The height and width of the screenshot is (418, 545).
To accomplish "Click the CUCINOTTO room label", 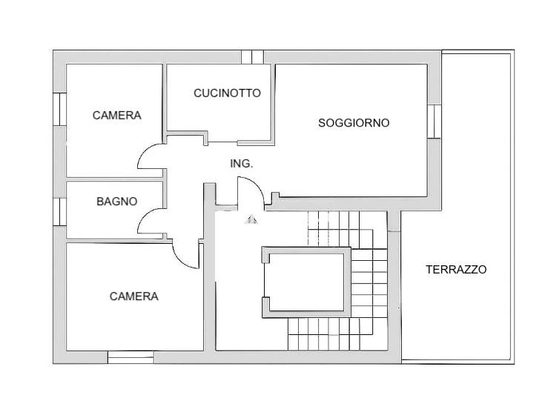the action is point(227,93).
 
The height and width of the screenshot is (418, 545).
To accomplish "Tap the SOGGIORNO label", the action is point(354,122).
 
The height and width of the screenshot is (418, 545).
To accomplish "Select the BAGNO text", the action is point(117,202).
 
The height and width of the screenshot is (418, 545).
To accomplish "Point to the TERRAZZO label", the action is point(456,269).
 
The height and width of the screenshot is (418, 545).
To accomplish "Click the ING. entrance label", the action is point(241,163).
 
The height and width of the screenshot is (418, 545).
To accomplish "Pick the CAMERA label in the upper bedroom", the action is point(117,116).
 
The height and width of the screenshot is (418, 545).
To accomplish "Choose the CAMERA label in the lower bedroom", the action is point(133,296).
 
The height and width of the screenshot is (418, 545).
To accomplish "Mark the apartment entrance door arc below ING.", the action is point(257,186).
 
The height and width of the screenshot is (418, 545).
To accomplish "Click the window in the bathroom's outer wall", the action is point(59,212).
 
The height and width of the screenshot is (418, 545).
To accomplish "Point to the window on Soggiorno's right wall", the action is point(434,122).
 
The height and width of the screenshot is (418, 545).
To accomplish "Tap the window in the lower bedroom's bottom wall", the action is point(131,357).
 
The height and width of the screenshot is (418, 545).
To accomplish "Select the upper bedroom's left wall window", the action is point(59,109).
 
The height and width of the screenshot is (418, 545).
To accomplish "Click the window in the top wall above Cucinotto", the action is point(252,57).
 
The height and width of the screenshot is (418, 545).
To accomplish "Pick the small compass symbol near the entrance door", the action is point(251,219).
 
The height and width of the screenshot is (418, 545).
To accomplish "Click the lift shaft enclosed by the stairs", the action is point(306,282).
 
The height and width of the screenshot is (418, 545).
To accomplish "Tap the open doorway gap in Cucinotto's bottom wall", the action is point(222,142).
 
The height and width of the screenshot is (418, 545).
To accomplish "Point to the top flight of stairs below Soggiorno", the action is point(347,229).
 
